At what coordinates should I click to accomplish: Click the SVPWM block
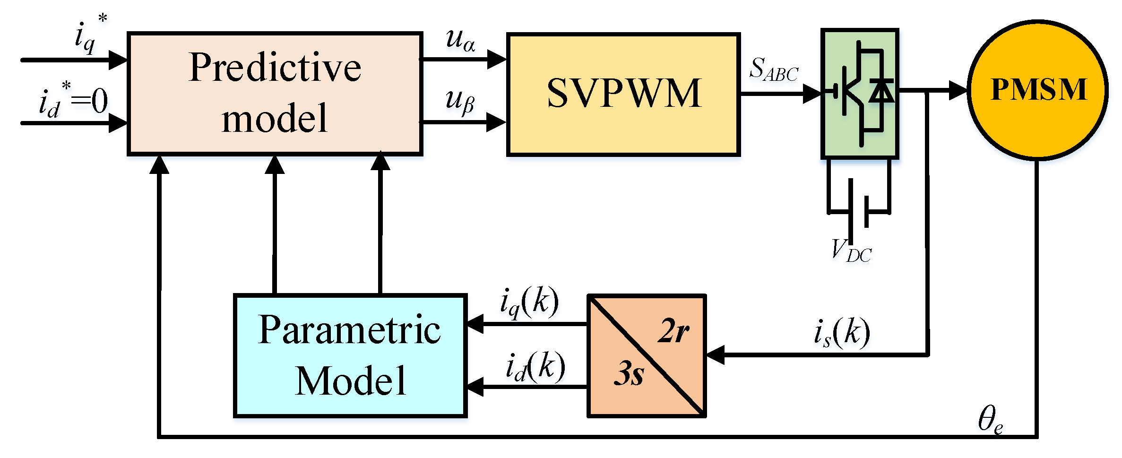[x=623, y=95]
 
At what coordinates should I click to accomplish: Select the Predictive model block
[x=275, y=94]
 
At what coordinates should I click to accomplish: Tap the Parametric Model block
[x=350, y=355]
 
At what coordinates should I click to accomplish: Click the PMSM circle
[x=1037, y=90]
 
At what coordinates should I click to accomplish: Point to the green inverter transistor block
[x=859, y=93]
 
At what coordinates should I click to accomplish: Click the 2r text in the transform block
[x=673, y=331]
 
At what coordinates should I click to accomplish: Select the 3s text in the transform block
[x=629, y=373]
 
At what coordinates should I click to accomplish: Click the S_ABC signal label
[x=774, y=70]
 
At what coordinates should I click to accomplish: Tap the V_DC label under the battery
[x=851, y=251]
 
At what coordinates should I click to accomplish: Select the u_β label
[x=460, y=101]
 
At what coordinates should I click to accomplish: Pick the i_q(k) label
[x=529, y=302]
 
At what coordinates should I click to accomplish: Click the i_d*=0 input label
[x=73, y=101]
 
